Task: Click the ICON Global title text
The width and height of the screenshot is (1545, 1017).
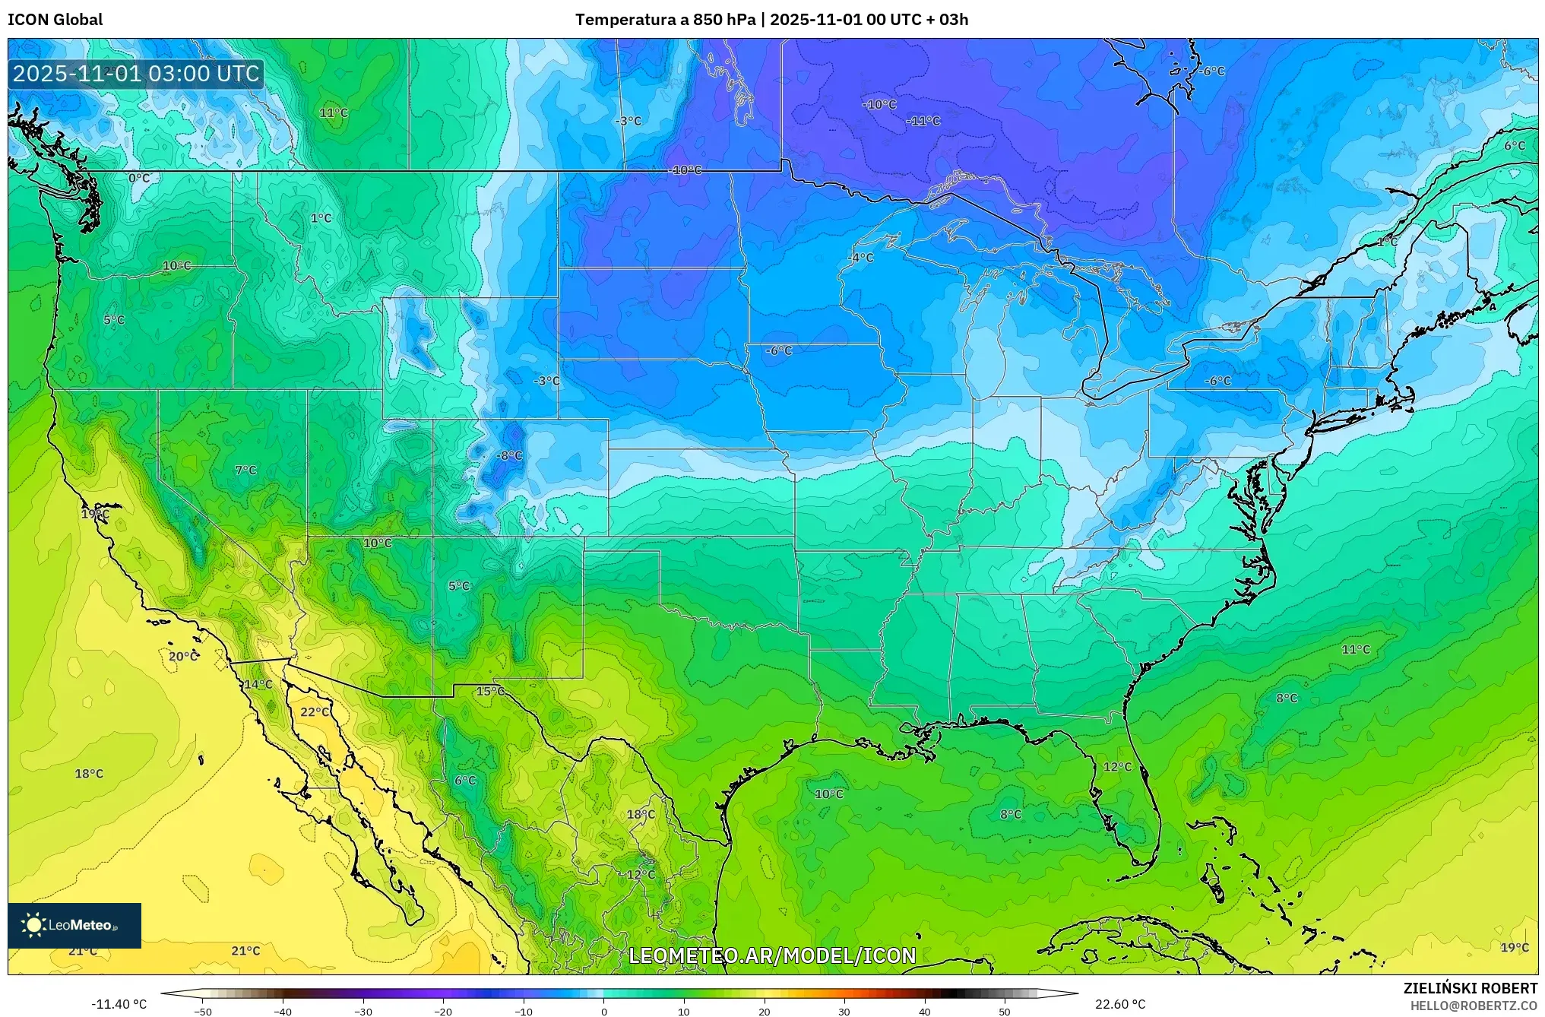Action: click(55, 20)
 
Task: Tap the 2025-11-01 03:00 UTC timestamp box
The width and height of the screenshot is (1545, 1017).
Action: click(136, 74)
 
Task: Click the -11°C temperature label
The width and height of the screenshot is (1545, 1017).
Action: click(923, 121)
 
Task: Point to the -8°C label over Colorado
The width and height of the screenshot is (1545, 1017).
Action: click(509, 456)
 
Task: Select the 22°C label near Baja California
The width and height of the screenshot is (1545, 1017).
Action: click(315, 712)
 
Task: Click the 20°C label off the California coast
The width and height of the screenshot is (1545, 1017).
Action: click(182, 657)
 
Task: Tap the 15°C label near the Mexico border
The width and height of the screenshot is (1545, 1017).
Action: click(490, 692)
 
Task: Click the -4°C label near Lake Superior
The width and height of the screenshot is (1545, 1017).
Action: click(860, 258)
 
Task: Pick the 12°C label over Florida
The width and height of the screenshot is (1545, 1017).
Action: click(1117, 767)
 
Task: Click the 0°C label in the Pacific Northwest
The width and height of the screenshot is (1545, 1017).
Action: click(139, 179)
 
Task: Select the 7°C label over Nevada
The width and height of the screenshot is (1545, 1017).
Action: click(245, 470)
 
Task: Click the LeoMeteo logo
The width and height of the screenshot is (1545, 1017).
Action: click(74, 925)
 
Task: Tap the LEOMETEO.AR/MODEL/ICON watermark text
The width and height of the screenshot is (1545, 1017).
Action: click(772, 955)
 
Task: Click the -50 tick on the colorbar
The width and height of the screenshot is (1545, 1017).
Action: click(203, 1012)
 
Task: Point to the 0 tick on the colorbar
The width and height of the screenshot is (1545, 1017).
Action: click(604, 1012)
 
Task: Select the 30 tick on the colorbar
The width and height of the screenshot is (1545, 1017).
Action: click(844, 1012)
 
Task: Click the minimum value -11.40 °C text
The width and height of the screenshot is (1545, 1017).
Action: click(119, 1004)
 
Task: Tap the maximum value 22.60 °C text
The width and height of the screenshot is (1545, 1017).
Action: click(1119, 1004)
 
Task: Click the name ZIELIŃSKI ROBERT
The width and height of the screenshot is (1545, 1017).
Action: click(1470, 988)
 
